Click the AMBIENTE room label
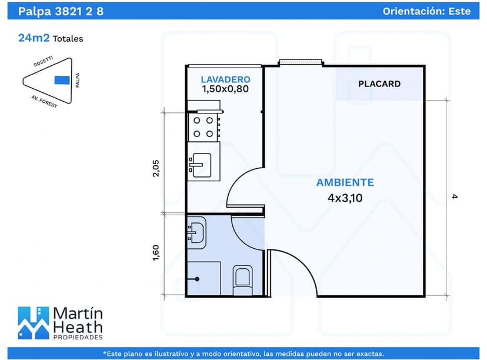tap(345, 182)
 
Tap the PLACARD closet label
tap(379, 84)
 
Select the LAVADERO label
tap(225, 79)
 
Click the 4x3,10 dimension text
tap(345, 198)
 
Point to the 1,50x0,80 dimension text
tap(225, 89)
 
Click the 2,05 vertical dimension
tap(156, 168)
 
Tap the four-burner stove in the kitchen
tap(204, 126)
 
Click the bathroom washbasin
tap(196, 230)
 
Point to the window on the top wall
tap(300, 62)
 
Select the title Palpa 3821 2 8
tap(61, 11)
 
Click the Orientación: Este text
tap(426, 11)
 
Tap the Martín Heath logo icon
tap(33, 322)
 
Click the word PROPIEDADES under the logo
tap(78, 337)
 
